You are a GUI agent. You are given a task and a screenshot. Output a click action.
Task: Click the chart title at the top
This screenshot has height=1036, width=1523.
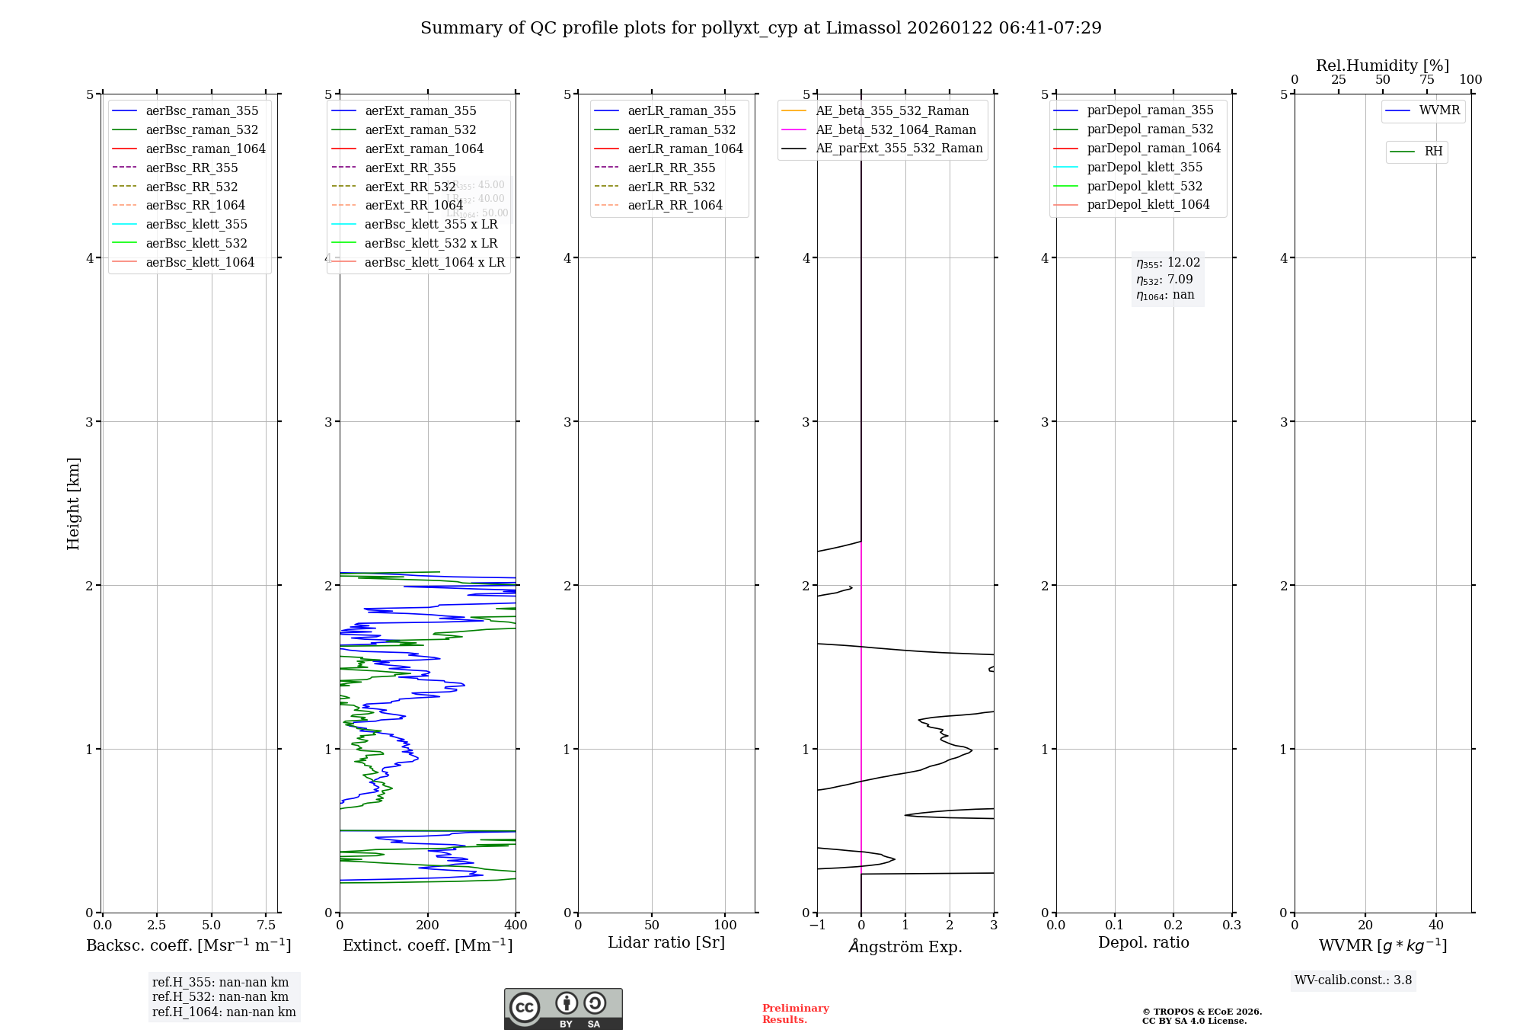[761, 28]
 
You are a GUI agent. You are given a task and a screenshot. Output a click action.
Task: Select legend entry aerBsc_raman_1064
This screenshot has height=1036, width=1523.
[206, 149]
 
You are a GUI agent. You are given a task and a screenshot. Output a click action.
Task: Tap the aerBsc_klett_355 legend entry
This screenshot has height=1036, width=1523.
[196, 224]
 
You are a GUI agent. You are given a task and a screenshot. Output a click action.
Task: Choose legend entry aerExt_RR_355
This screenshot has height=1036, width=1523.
[410, 168]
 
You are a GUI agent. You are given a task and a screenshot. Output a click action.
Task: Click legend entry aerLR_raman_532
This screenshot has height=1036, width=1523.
[682, 129]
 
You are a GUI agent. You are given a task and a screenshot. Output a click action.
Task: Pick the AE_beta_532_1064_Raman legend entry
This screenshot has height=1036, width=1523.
[896, 129]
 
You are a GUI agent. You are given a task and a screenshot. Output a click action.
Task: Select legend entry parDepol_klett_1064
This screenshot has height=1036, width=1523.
[1148, 204]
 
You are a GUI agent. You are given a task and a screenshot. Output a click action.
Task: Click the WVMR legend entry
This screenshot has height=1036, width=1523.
[1439, 110]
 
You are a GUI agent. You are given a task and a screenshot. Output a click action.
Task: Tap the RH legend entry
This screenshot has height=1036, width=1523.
[1433, 152]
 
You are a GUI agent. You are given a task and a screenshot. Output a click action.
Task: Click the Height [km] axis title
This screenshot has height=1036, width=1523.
[73, 503]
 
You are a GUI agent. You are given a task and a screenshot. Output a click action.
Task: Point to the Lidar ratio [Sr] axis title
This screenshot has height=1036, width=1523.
[666, 942]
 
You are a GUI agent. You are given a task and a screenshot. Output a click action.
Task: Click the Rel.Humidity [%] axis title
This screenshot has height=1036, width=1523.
[1382, 66]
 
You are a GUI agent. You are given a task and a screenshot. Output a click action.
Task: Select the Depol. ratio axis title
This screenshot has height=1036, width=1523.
[1143, 942]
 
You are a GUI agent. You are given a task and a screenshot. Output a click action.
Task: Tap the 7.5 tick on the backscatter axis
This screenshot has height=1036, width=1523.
[266, 925]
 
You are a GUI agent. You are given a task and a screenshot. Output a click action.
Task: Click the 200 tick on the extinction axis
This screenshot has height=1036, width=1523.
[428, 925]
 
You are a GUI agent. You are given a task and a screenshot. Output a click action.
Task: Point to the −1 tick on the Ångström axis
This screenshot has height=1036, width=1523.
[817, 925]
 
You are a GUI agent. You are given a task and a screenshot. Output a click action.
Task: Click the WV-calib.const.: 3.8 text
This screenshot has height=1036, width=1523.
[1353, 980]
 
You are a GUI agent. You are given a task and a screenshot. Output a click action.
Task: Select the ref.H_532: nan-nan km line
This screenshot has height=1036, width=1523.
[220, 997]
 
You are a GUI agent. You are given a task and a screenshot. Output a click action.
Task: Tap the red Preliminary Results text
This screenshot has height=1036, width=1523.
[795, 1014]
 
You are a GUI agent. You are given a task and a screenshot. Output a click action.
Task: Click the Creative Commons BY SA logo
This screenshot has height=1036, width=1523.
[563, 1009]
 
